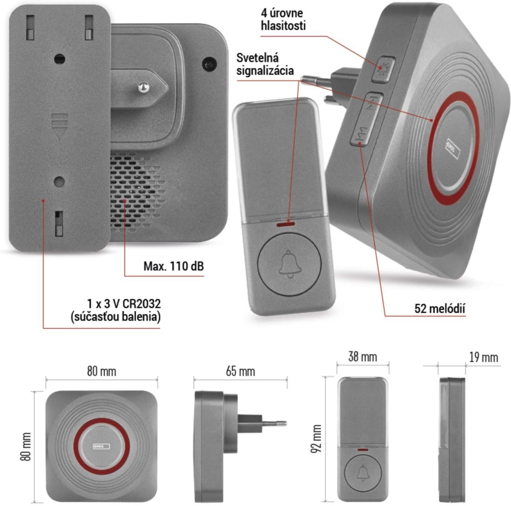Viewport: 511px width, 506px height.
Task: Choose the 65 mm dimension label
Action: [240, 372]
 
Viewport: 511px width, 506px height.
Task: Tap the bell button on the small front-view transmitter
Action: [363, 473]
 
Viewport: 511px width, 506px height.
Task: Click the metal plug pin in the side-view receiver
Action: [274, 423]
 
